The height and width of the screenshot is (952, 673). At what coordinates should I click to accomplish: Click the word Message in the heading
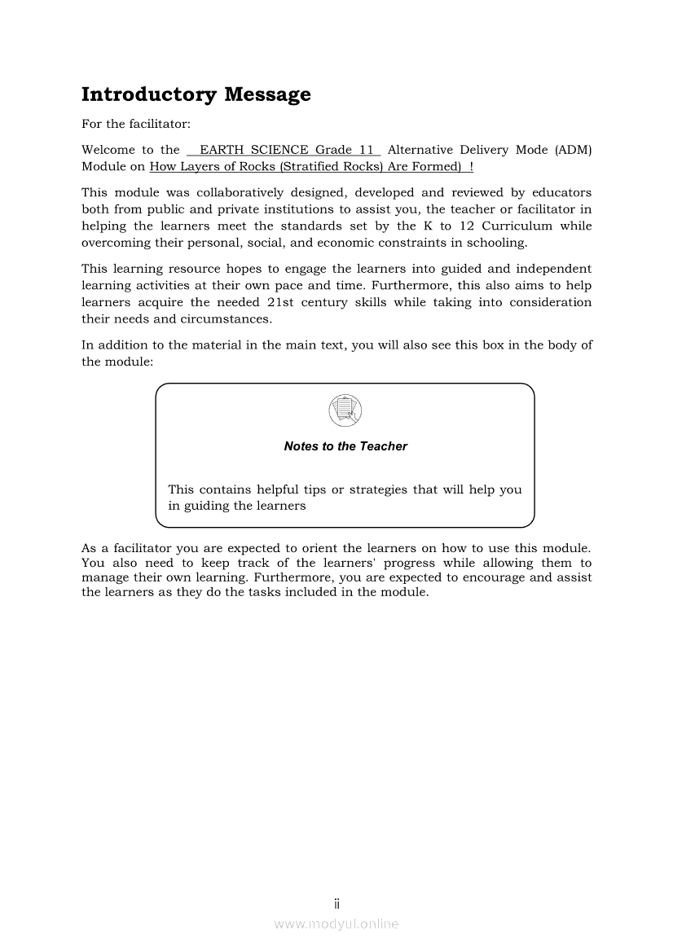(x=267, y=94)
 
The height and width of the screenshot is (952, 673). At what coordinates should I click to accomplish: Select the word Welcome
(x=108, y=150)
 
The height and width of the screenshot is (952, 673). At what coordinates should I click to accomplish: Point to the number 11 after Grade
(x=367, y=150)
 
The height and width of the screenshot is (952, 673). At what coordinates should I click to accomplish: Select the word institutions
(x=299, y=209)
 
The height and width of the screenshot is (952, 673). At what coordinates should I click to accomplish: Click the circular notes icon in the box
(x=345, y=410)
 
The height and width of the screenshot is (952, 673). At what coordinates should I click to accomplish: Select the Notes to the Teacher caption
(x=345, y=446)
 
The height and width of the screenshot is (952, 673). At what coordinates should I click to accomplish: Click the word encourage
(x=493, y=577)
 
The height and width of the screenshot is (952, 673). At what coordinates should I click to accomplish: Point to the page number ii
(x=336, y=904)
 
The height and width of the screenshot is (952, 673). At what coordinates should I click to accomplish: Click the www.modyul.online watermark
(x=336, y=923)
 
